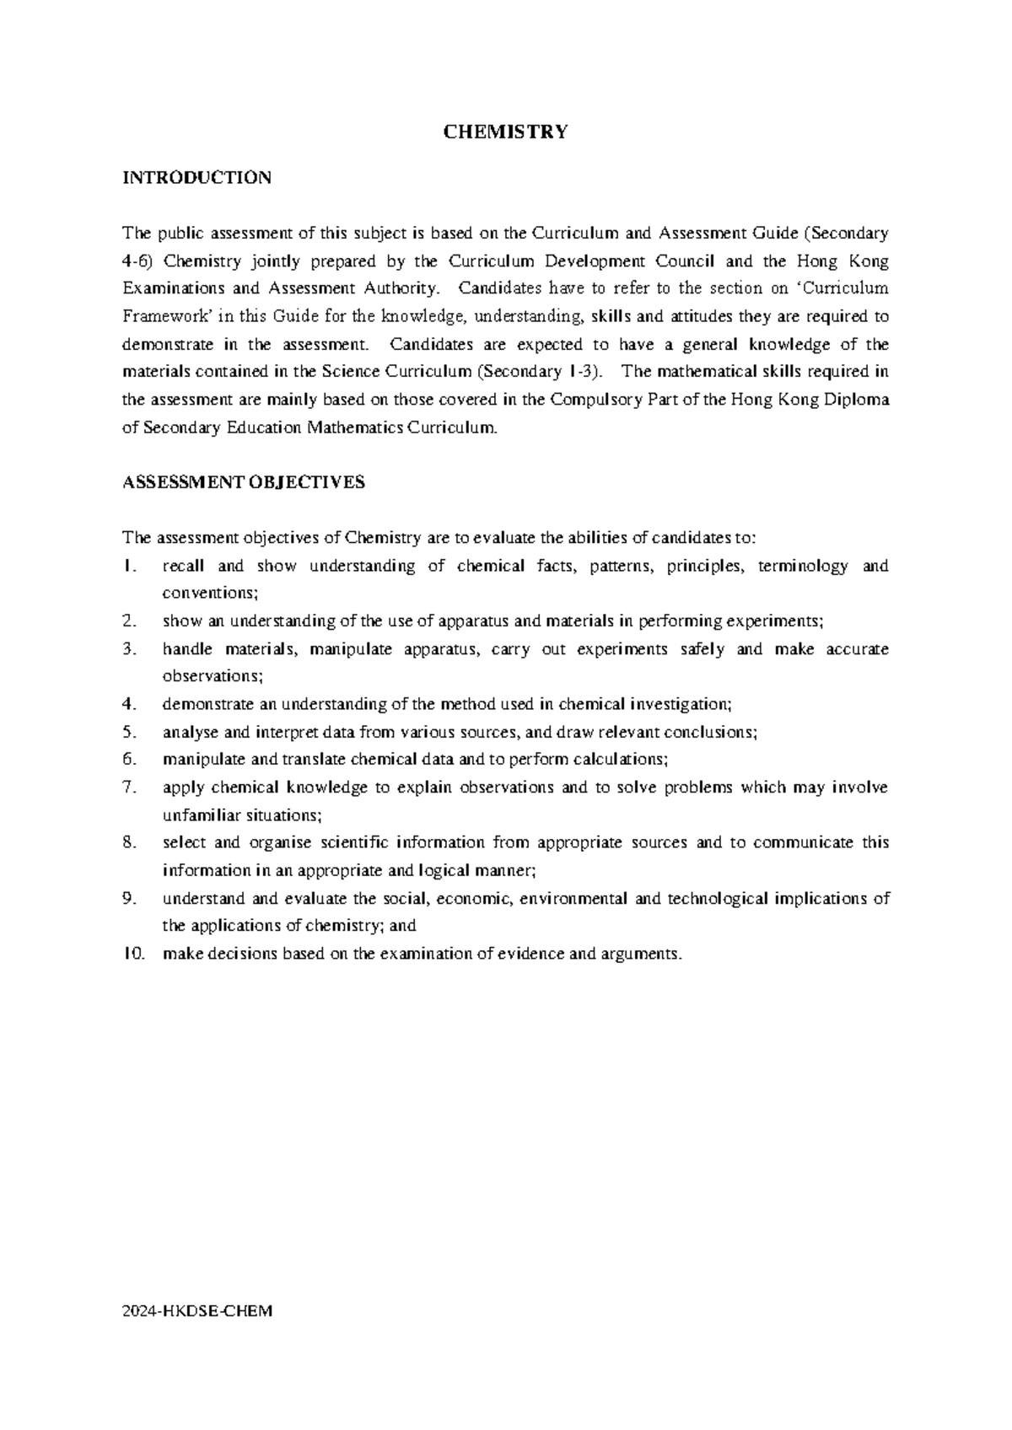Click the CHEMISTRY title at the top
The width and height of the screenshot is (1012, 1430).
click(x=506, y=132)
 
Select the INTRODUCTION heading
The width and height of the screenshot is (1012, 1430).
click(x=196, y=178)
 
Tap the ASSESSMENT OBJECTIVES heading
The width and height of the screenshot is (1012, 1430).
click(x=244, y=482)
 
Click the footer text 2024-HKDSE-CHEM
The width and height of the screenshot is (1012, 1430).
click(x=198, y=1312)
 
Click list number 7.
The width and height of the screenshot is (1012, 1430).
click(x=129, y=788)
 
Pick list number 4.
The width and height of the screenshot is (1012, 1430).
click(x=129, y=704)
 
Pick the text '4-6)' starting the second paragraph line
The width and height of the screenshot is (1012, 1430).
click(x=138, y=261)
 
